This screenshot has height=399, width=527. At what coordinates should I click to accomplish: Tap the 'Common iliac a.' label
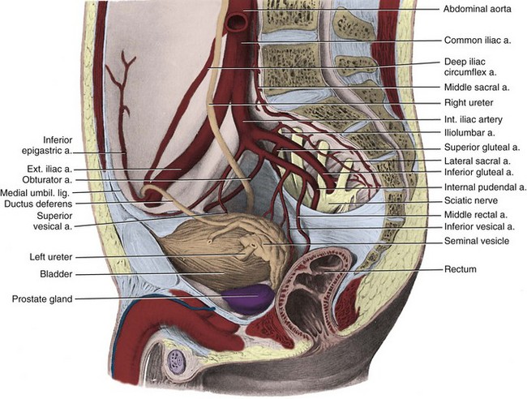click(478, 39)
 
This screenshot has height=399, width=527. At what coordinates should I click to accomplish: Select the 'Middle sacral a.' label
click(477, 88)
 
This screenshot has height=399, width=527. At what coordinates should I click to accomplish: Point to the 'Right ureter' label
click(469, 103)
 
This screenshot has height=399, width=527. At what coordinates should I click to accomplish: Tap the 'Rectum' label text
click(460, 268)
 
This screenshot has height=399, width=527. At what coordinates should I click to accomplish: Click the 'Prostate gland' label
click(41, 299)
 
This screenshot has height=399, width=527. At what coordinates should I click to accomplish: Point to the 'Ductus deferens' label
click(37, 204)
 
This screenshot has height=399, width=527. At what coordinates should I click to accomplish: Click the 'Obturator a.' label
click(46, 180)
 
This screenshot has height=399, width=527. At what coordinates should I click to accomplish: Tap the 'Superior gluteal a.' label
click(482, 148)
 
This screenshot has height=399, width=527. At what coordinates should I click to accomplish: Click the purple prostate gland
click(246, 298)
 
